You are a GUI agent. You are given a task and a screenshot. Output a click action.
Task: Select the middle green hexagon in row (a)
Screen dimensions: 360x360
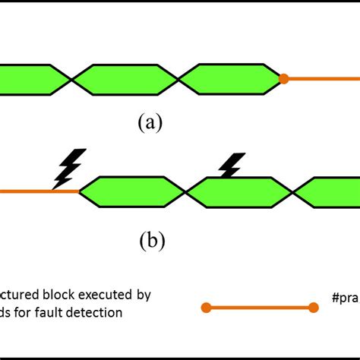(125, 79)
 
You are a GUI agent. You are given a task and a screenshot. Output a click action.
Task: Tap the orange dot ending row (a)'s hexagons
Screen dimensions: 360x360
(283, 78)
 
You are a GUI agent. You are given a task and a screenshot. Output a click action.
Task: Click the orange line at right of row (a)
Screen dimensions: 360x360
(323, 78)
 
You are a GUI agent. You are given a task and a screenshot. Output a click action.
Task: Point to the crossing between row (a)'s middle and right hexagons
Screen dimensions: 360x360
(178, 79)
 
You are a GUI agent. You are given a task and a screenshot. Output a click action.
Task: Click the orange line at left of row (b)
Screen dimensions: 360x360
(38, 191)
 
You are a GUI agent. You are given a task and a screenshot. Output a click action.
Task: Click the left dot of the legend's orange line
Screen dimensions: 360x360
(205, 308)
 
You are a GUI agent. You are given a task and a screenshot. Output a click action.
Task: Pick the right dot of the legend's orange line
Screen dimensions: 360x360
(313, 308)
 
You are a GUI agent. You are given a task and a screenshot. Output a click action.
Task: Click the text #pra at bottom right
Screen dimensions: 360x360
(345, 293)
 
